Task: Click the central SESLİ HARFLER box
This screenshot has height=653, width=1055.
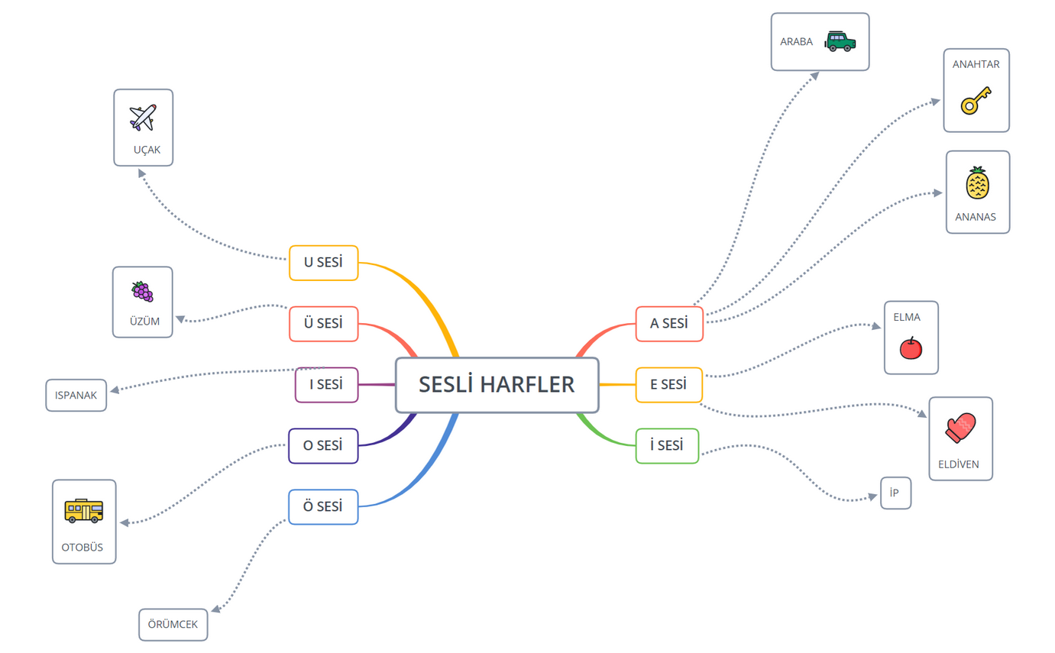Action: [497, 385]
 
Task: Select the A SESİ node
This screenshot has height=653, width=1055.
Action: [669, 324]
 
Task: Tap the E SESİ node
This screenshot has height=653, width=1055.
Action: [668, 385]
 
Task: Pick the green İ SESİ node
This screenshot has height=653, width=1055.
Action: [667, 446]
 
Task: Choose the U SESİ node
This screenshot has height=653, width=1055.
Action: [323, 263]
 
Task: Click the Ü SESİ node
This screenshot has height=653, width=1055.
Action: [323, 324]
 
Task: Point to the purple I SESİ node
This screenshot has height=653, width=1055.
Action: [326, 385]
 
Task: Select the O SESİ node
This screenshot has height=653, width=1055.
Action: [323, 446]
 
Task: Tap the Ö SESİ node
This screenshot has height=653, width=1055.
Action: [323, 507]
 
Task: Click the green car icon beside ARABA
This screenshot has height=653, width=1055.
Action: [840, 41]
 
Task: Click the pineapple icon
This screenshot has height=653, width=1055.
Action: [977, 183]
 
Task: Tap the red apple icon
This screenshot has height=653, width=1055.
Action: [911, 348]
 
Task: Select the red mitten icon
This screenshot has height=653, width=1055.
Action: [960, 428]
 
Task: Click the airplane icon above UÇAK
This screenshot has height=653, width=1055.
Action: [143, 118]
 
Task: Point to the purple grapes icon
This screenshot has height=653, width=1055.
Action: [142, 292]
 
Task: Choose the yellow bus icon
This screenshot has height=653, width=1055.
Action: [83, 510]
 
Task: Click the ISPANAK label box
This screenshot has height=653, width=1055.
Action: [76, 396]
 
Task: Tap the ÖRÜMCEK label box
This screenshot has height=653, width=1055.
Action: [173, 625]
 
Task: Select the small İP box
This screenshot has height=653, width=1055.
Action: [895, 493]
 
